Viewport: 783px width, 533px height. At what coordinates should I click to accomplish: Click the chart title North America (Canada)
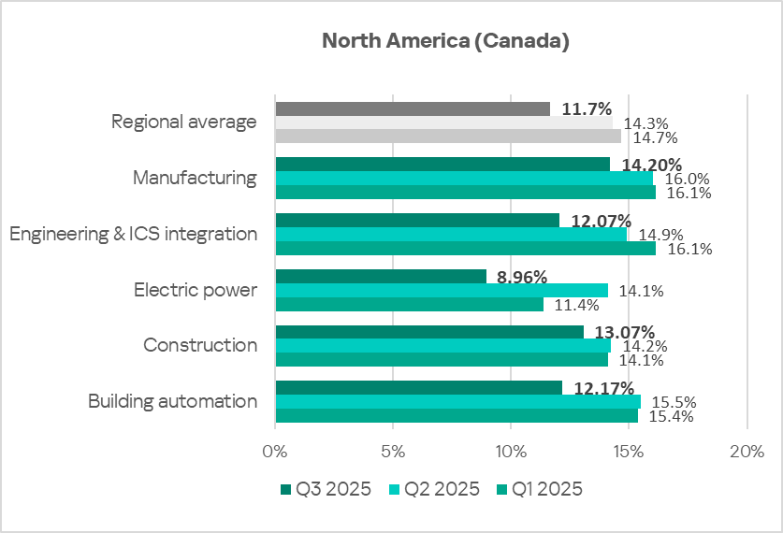[445, 41]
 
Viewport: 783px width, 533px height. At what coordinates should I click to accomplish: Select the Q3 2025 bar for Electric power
[381, 276]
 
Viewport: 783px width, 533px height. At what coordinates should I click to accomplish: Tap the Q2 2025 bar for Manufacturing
[464, 178]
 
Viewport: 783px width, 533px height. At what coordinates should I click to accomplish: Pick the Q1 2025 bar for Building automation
[457, 416]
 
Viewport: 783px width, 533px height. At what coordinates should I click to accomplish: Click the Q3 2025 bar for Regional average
[413, 108]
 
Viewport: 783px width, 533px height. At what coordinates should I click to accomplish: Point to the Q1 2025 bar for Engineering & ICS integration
[465, 249]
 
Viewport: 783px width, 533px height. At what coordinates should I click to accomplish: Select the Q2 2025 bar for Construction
[442, 345]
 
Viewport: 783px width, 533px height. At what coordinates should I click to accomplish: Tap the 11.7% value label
[587, 108]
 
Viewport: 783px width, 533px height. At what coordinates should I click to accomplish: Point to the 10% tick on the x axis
[511, 452]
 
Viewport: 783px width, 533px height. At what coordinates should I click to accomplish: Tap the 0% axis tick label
[275, 452]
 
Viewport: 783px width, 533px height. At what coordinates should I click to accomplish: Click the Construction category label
[200, 345]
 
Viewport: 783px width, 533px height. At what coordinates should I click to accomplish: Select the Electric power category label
[195, 290]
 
